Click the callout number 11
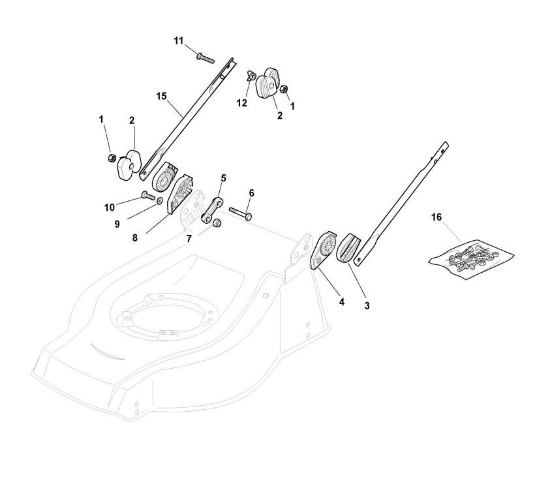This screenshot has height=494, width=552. point(179,40)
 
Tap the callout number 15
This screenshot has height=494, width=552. point(161,96)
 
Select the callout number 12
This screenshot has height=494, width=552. point(241,103)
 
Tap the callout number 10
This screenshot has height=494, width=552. point(109,207)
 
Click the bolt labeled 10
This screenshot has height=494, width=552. point(147,195)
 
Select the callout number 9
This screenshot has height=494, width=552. point(117,223)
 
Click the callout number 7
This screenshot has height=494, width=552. point(189,239)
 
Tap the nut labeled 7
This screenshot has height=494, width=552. point(218,224)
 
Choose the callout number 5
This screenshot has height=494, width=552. point(223,178)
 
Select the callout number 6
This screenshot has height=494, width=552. point(251,193)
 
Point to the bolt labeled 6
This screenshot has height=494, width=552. point(241,212)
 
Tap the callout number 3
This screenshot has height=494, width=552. point(367,305)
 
